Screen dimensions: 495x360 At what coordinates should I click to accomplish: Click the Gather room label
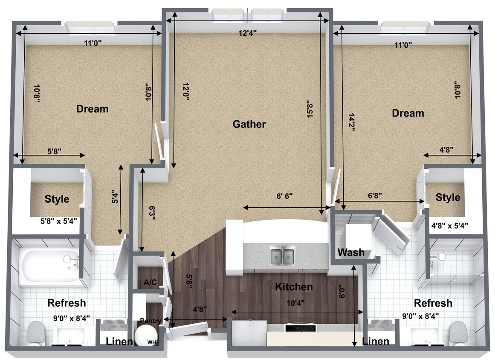point(249,124)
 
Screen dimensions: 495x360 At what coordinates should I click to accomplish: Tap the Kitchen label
point(294,287)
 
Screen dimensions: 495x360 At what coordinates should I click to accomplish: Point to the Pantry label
point(151,321)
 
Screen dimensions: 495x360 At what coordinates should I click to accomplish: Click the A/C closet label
point(150,282)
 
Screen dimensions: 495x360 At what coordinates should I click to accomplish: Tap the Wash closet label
point(351,253)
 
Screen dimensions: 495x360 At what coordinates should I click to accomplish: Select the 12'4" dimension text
point(247,33)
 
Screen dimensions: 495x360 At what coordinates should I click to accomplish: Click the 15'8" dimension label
point(310,109)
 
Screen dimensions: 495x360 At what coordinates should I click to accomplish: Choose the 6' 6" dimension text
point(284,196)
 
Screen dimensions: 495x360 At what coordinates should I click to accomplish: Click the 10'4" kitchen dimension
point(295,303)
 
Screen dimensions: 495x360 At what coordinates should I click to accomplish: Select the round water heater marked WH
point(146,336)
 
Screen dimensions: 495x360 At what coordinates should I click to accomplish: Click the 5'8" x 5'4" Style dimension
point(59,221)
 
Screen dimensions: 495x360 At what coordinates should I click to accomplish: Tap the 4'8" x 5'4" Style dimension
point(449,226)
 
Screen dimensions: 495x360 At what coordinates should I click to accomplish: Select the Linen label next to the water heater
point(119,341)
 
